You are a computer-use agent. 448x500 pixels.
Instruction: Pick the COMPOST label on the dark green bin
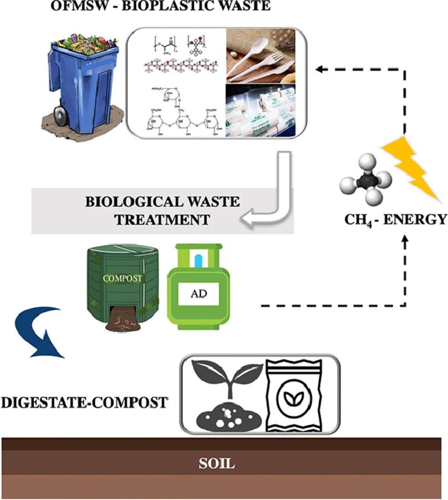pyautogui.click(x=122, y=278)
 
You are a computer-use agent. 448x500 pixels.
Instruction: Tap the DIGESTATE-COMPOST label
pyautogui.click(x=85, y=402)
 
